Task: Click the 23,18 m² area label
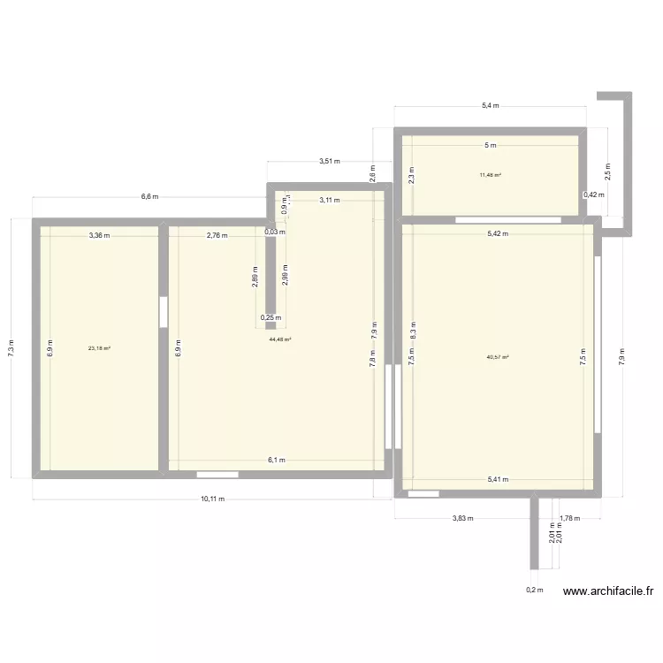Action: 99,348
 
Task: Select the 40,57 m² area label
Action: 498,357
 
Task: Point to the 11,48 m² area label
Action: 491,175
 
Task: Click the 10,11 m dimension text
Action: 212,499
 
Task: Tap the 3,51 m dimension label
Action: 330,162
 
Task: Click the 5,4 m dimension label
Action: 490,106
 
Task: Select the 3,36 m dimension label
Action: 99,235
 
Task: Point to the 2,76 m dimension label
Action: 217,235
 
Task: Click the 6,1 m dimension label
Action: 277,460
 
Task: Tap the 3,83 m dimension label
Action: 462,519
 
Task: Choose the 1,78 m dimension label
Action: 568,519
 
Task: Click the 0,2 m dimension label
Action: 534,590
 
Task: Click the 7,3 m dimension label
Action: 11,347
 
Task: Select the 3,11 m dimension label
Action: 330,201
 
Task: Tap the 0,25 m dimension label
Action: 271,317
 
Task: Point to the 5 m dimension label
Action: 490,145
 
